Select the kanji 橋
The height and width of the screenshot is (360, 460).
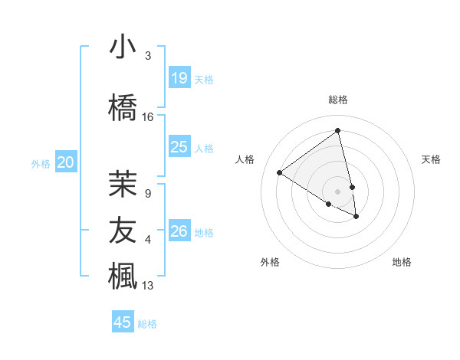tap(123, 106)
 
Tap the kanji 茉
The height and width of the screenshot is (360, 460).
tap(123, 183)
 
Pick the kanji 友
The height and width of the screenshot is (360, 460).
tap(123, 229)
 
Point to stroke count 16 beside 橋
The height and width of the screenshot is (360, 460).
tap(148, 117)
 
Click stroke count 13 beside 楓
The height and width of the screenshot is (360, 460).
tap(148, 286)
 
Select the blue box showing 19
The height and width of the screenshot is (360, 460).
tap(179, 77)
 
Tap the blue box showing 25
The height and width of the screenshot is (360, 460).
tap(179, 146)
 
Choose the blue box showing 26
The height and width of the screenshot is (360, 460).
tap(179, 231)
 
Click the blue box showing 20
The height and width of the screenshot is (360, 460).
tap(66, 162)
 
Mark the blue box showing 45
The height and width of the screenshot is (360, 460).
tap(123, 322)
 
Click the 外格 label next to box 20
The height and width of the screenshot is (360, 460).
tap(41, 163)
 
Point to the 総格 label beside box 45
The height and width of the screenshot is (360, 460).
tap(147, 324)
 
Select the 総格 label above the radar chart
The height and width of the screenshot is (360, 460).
tap(338, 100)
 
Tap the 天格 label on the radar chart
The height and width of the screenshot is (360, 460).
tap(431, 159)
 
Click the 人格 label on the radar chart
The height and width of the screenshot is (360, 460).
tap(245, 159)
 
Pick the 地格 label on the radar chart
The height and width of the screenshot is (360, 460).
tap(402, 262)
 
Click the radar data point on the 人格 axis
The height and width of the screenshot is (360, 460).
tap(280, 172)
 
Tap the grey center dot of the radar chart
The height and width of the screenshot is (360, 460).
tap(338, 191)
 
